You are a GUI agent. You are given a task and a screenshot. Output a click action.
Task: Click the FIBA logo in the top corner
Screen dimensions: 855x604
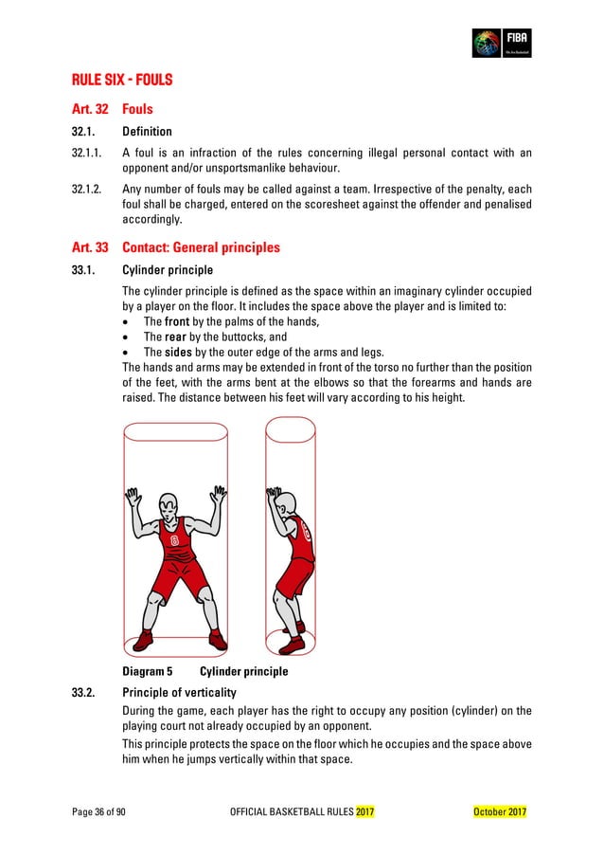point(502,44)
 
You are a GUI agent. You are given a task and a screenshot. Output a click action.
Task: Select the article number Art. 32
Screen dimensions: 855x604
point(89,110)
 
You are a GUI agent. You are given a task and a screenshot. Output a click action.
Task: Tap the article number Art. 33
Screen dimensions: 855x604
point(89,248)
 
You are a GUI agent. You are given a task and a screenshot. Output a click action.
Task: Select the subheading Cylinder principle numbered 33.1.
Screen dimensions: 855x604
point(168,270)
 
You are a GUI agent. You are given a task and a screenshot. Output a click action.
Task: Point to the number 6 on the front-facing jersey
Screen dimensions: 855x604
point(173,541)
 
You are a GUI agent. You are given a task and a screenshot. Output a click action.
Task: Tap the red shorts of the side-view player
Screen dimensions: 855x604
point(296,574)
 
